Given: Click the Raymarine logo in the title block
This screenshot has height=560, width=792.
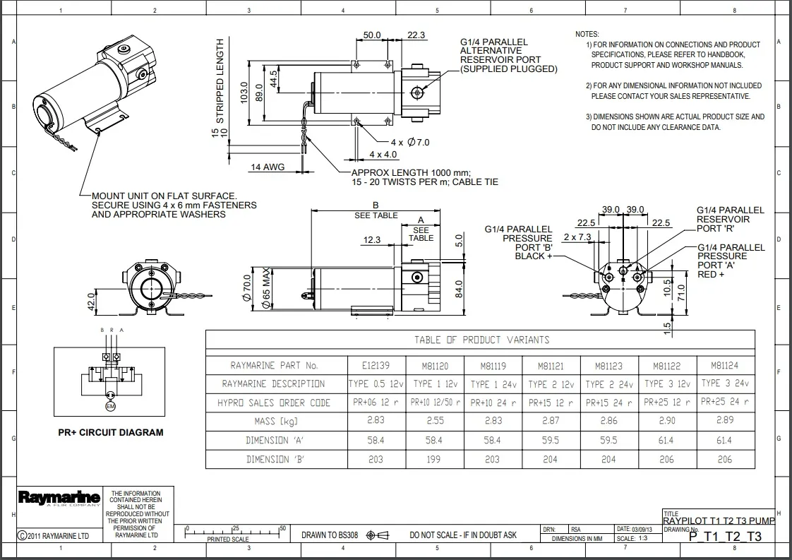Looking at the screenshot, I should point(59,499).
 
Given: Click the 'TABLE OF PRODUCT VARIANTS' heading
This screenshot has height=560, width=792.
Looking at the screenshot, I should point(481,340).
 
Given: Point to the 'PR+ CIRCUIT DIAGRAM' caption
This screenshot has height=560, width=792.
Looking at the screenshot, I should point(111,433).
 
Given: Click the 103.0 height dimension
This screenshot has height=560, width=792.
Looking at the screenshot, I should point(244,93).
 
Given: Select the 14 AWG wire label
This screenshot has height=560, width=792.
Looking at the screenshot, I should point(267,167).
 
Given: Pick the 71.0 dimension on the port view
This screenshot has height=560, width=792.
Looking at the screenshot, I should point(681,293).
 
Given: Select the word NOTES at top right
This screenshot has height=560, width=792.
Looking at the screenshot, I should point(587,34).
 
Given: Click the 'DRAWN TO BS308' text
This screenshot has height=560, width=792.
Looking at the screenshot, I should point(330,535).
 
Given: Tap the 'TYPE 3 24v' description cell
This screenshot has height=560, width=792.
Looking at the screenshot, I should point(726,383).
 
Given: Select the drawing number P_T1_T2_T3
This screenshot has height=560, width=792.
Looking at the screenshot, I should point(725,536).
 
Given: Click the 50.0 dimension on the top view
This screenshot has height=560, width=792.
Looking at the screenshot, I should point(372,35).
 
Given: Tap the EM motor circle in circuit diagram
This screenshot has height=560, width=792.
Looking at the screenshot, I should point(109,407).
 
